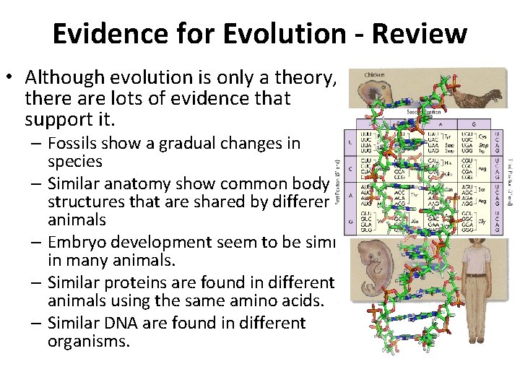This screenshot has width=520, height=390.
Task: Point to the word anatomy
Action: click(146, 183)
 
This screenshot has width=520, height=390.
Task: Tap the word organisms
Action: click(89, 342)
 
